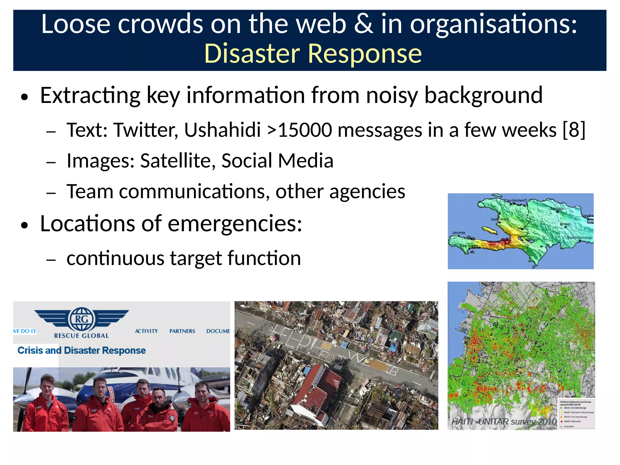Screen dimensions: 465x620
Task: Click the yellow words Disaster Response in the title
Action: [x=313, y=54]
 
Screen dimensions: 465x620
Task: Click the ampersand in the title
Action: [x=363, y=24]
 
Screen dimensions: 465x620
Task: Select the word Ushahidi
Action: [x=222, y=130]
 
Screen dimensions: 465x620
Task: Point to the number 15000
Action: [x=306, y=130]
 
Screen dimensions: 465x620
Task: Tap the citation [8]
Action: [x=574, y=130]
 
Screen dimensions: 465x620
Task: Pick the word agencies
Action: [x=367, y=192]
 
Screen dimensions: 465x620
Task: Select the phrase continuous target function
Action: [x=183, y=258]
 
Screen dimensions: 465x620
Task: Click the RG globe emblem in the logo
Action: [x=81, y=319]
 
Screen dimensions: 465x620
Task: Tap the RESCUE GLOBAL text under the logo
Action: [x=81, y=336]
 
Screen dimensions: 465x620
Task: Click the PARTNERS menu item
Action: [x=182, y=331]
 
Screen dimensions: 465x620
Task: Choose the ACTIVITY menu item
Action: [x=146, y=331]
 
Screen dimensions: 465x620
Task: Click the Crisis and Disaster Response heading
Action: [x=81, y=350]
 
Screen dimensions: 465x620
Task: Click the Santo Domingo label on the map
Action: [x=579, y=237]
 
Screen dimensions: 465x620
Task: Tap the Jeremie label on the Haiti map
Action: [x=458, y=233]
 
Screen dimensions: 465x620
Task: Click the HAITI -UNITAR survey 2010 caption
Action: [x=504, y=421]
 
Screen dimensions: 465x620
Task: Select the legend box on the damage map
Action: [x=576, y=414]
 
